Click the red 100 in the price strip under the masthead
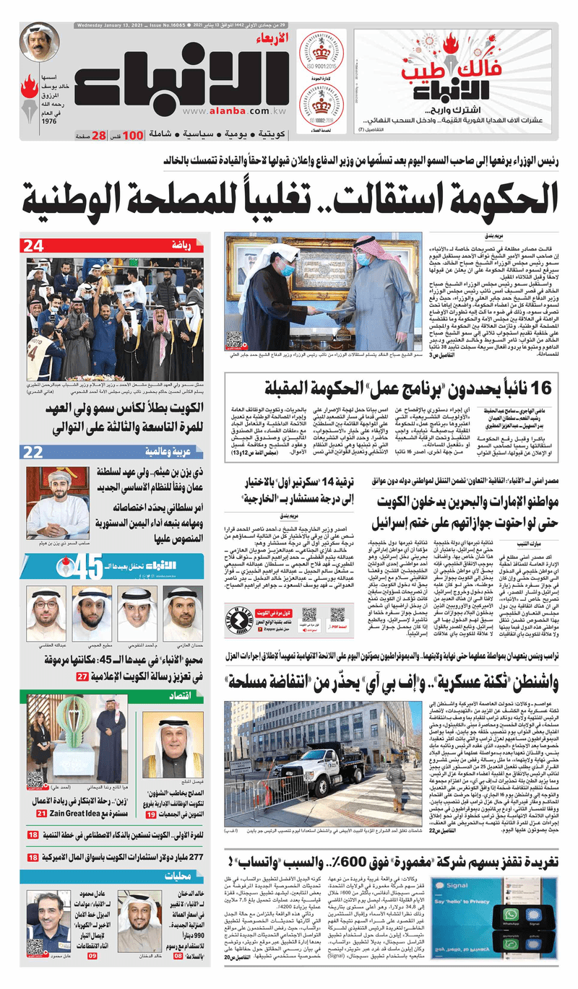point(132,136)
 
